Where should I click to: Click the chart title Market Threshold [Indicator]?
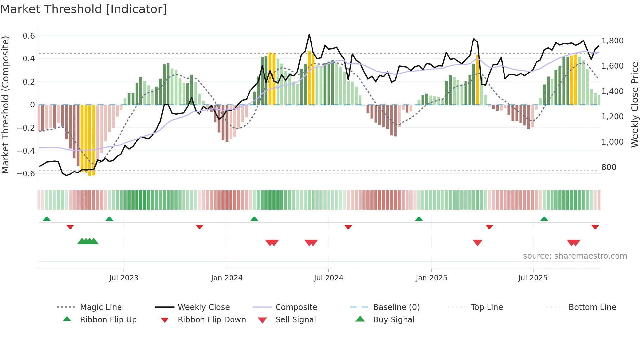pyautogui.click(x=84, y=9)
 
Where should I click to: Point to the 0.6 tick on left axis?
pyautogui.click(x=29, y=36)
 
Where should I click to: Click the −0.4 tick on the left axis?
pyautogui.click(x=26, y=151)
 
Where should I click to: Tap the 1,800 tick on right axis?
pyautogui.click(x=613, y=41)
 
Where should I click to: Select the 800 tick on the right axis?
pyautogui.click(x=609, y=167)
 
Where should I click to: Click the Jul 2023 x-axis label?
pyautogui.click(x=124, y=278)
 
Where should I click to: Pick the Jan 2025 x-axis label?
pyautogui.click(x=431, y=278)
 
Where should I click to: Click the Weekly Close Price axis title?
pyautogui.click(x=634, y=105)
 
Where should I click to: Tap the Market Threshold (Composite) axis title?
pyautogui.click(x=5, y=105)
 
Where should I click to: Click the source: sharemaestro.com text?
pyautogui.click(x=575, y=256)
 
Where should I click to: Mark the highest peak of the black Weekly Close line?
pyautogui.click(x=309, y=35)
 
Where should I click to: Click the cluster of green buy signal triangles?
pyautogui.click(x=88, y=242)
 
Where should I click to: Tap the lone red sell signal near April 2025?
pyautogui.click(x=477, y=243)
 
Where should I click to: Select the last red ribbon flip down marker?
pyautogui.click(x=595, y=227)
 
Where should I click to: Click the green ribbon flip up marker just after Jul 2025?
pyautogui.click(x=544, y=219)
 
